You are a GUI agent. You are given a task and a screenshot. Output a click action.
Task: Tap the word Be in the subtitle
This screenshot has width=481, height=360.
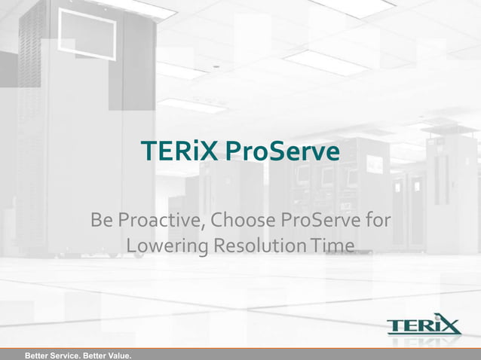100,221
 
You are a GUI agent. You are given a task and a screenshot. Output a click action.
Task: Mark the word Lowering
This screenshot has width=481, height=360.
167,246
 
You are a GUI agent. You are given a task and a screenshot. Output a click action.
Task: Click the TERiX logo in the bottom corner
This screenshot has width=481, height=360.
423,326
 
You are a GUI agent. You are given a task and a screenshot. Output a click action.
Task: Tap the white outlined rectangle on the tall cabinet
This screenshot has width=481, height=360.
87,34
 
